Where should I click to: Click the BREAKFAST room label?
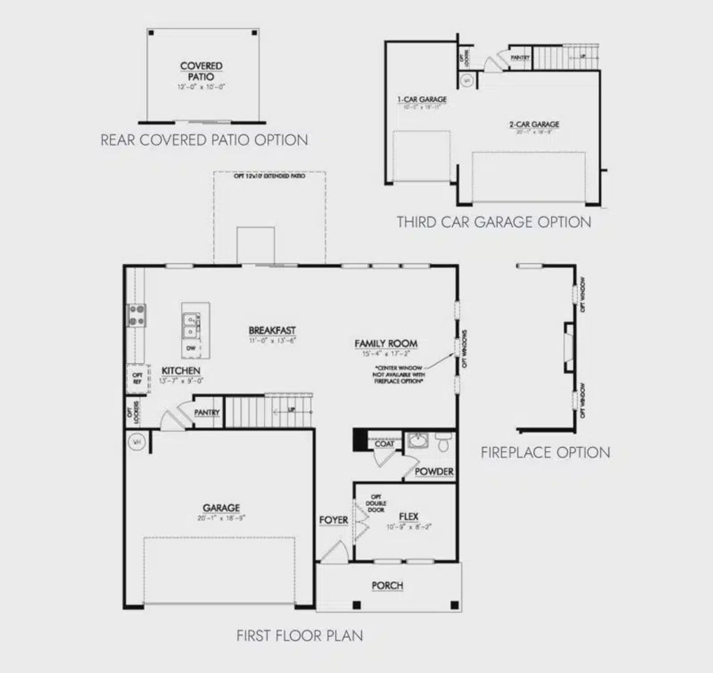(272, 331)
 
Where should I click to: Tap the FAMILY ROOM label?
(386, 344)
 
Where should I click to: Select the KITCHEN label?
(181, 370)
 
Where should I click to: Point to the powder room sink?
(417, 441)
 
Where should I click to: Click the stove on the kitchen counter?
(137, 315)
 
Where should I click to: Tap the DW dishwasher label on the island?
(191, 348)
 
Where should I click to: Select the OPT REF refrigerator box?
(138, 379)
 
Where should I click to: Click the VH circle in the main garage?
(136, 442)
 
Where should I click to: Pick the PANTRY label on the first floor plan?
(207, 413)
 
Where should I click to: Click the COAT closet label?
(384, 444)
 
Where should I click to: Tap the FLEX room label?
(409, 516)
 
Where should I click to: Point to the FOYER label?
(334, 520)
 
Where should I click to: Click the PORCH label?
(387, 586)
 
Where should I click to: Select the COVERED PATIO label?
(201, 71)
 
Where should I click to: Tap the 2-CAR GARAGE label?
(534, 124)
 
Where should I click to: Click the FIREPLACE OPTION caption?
(545, 452)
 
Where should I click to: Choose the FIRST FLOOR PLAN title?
(300, 636)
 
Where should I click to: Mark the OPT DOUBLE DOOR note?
(375, 503)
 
